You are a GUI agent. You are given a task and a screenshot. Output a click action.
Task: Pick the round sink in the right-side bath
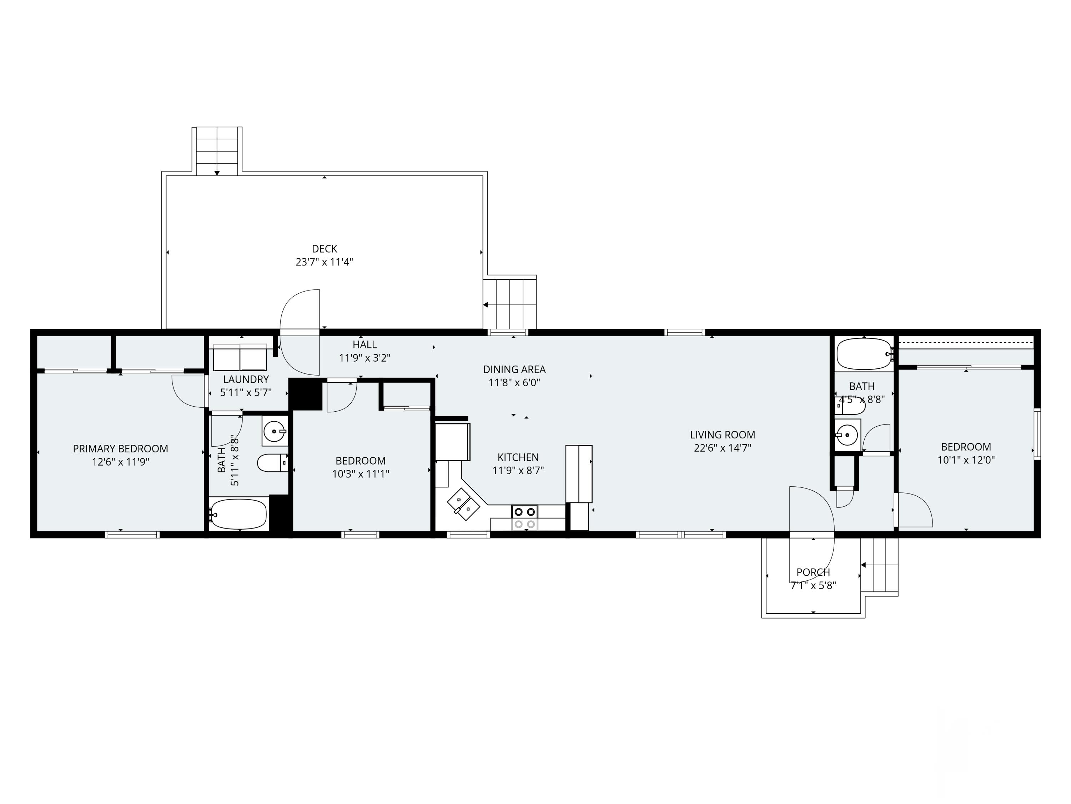847,435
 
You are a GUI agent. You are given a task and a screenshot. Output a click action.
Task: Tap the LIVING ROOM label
722,435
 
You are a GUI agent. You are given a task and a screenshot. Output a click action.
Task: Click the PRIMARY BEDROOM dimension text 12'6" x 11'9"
121,462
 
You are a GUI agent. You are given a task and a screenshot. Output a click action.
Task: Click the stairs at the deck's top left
217,151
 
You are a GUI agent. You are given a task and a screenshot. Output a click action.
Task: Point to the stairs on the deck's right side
510,304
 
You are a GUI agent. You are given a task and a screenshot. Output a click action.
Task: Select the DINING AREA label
514,369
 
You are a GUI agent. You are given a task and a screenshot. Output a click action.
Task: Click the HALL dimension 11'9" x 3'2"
364,358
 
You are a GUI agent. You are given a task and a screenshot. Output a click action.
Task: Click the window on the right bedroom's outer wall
1037,434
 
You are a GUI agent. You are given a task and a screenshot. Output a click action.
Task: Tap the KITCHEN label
518,457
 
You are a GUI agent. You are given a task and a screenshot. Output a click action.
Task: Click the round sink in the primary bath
275,430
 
